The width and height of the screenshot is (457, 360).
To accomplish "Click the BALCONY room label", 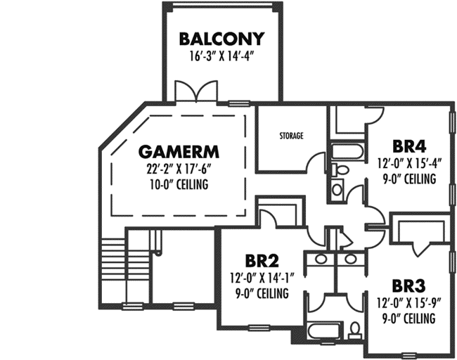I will click(221, 38).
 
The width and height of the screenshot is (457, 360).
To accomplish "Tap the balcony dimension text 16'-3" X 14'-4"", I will click(221, 56).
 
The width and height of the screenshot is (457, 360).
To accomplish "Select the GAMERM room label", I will click(179, 151).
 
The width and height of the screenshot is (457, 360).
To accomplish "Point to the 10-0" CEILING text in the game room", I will click(179, 185).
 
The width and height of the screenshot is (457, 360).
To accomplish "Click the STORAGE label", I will click(290, 135).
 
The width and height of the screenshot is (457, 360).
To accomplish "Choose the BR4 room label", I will click(410, 146).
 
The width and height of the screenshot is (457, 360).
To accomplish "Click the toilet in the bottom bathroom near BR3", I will click(354, 329).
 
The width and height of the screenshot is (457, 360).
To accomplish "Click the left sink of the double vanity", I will click(320, 259).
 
